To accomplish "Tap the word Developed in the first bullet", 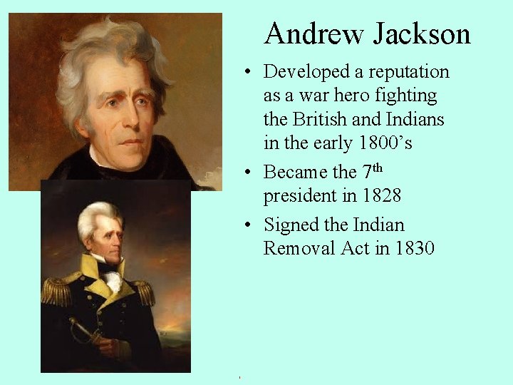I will [x=307, y=72].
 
